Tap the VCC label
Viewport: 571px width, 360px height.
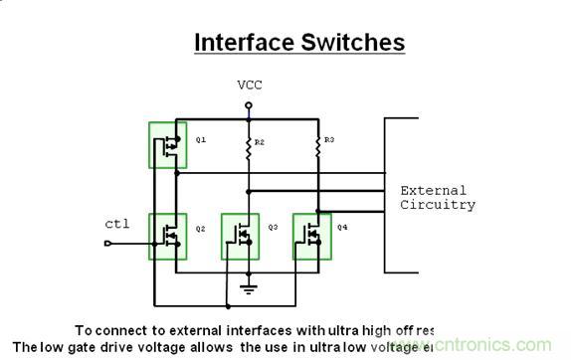coord(249,85)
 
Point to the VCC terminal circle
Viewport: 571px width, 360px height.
coord(249,103)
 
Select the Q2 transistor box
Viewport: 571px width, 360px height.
coord(167,236)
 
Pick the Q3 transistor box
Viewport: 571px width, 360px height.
coord(240,237)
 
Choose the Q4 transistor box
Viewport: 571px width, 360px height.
coord(311,237)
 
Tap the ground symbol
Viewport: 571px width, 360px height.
coord(249,288)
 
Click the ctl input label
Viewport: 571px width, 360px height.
coord(117,224)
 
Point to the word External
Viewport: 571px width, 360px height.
coord(433,190)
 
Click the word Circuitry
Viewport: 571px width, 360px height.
coord(438,205)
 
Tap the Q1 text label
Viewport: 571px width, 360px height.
coord(201,140)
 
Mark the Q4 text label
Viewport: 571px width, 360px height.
coord(343,228)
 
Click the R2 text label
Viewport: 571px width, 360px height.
coord(260,143)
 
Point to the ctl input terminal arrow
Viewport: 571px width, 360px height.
coord(107,242)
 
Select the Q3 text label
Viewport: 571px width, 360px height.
coord(273,228)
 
